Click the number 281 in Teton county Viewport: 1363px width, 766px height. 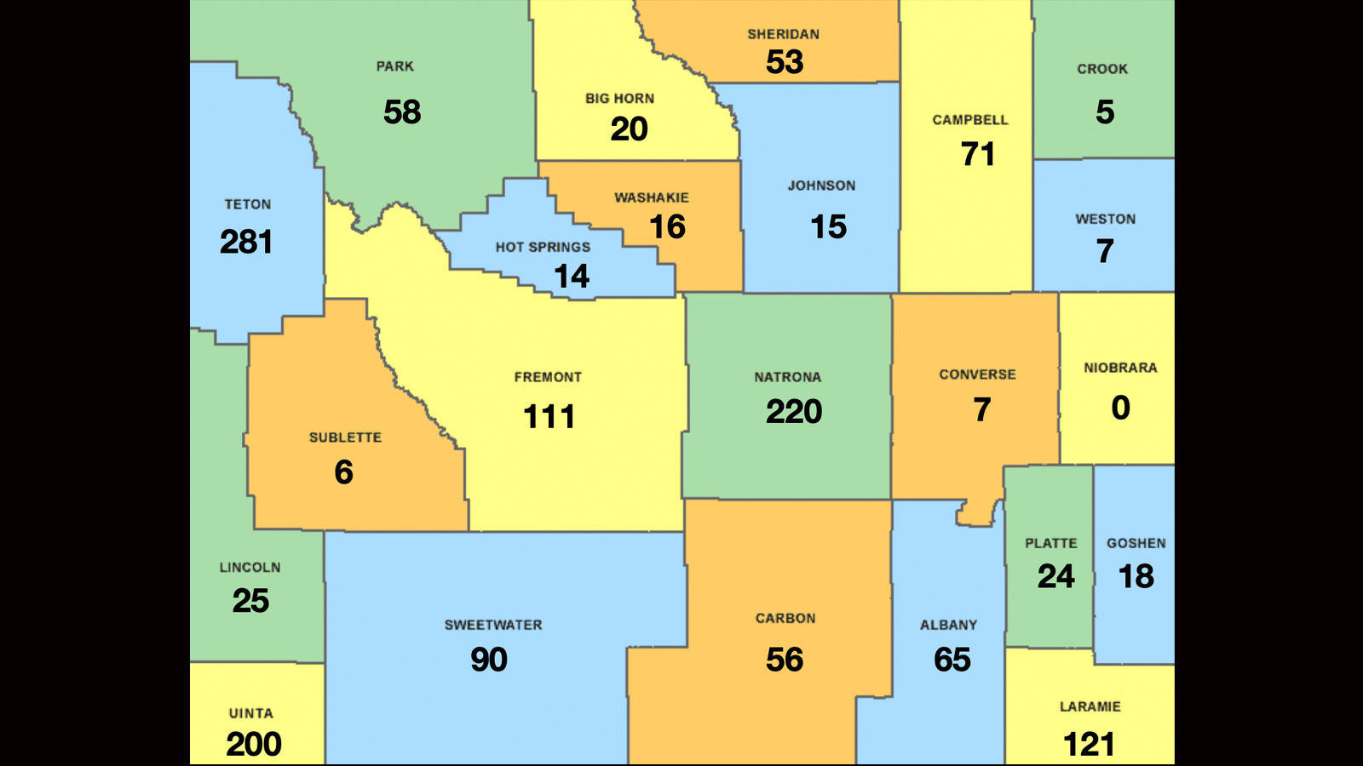pos(246,243)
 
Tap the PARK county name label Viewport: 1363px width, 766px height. pos(395,66)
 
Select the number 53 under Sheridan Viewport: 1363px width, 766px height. pos(785,62)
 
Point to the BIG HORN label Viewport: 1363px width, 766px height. pos(619,99)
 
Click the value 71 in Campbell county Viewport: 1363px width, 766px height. pos(978,155)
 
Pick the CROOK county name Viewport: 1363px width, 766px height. pos(1102,69)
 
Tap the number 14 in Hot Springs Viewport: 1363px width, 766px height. pos(572,277)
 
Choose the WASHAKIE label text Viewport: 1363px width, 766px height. pos(652,197)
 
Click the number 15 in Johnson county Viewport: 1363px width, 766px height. pos(828,227)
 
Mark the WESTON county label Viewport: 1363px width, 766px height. pos(1105,220)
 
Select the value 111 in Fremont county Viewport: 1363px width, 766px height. pos(549,417)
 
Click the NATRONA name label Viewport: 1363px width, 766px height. pos(788,377)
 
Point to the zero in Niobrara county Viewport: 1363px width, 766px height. pos(1121,409)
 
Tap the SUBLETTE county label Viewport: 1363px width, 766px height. pos(345,437)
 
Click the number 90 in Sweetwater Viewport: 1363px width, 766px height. pos(489,660)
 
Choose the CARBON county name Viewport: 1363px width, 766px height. pos(785,619)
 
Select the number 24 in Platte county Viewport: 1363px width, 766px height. pos(1056,577)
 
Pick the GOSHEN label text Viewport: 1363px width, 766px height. pos(1136,543)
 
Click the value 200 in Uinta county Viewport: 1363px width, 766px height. pos(254,745)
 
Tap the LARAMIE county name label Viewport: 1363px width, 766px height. pos(1090,706)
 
